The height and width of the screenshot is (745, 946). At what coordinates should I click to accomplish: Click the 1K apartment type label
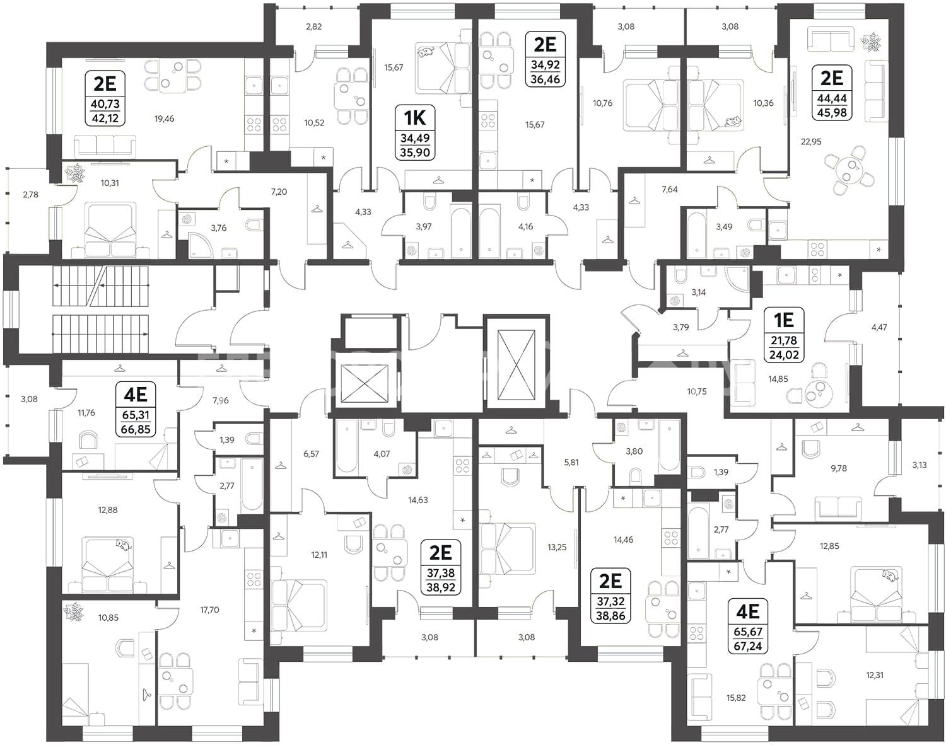pyautogui.click(x=414, y=118)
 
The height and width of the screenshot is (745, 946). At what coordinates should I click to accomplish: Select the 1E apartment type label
pyautogui.click(x=783, y=320)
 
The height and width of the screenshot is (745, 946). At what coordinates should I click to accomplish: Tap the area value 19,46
pyautogui.click(x=164, y=118)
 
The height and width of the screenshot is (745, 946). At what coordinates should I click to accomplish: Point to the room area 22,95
pyautogui.click(x=811, y=142)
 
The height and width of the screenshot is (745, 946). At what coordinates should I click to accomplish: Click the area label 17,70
pyautogui.click(x=209, y=609)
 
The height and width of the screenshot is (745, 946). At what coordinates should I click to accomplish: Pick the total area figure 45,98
pyautogui.click(x=832, y=113)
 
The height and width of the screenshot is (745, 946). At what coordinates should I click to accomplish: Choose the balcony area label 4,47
pyautogui.click(x=879, y=327)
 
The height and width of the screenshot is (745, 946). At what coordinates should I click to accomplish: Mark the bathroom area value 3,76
pyautogui.click(x=218, y=228)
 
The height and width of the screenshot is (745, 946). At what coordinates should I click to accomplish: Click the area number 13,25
pyautogui.click(x=557, y=547)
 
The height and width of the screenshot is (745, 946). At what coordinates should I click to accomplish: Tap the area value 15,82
pyautogui.click(x=736, y=698)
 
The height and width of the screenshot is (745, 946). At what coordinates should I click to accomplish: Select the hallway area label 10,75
pyautogui.click(x=697, y=391)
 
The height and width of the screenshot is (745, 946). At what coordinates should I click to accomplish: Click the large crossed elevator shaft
pyautogui.click(x=516, y=365)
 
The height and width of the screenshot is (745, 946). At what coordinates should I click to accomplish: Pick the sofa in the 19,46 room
pyautogui.click(x=105, y=146)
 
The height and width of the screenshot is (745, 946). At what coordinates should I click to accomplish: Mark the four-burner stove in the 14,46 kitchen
pyautogui.click(x=671, y=538)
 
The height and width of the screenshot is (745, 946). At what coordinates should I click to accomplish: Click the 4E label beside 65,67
pyautogui.click(x=747, y=612)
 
